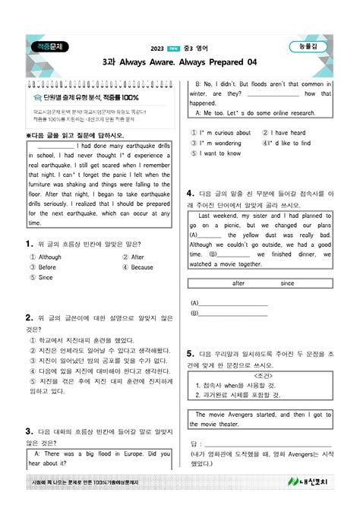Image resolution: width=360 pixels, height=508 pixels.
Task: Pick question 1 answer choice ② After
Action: [x=134, y=257]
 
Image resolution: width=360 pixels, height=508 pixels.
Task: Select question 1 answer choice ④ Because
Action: [x=137, y=267]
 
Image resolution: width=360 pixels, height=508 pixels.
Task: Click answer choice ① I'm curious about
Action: [x=221, y=133]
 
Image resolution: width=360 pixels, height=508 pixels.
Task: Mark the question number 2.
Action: [x=27, y=315]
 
